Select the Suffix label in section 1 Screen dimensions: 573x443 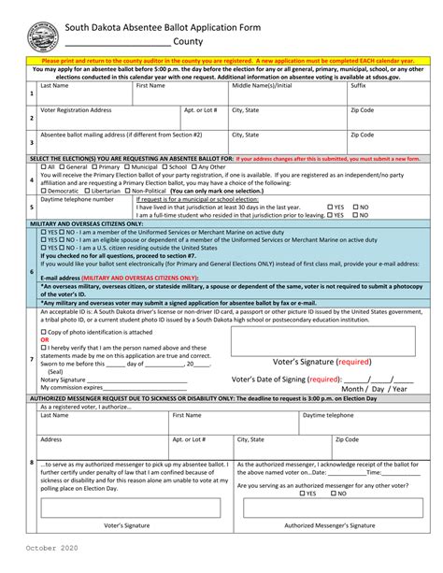point(358,85)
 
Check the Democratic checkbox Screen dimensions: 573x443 point(43,191)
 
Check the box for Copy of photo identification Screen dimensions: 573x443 point(43,333)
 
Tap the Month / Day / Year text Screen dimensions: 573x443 point(374,388)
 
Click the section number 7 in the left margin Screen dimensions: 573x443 point(31,359)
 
